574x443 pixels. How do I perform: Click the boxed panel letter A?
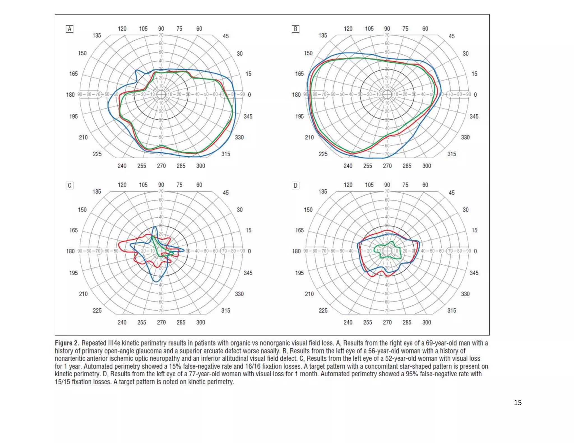click(x=70, y=29)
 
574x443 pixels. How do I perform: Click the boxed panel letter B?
click(x=295, y=29)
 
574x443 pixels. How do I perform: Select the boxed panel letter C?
click(x=70, y=185)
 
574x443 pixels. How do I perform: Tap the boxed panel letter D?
click(x=295, y=185)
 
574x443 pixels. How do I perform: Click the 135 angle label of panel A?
click(x=97, y=36)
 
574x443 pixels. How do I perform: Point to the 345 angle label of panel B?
click(x=474, y=116)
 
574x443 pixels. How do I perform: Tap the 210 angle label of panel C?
click(x=83, y=294)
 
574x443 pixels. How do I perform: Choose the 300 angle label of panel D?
click(x=427, y=322)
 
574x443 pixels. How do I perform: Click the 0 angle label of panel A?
click(x=249, y=95)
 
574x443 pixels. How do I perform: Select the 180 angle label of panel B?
click(x=297, y=95)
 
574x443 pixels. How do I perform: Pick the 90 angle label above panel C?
click(x=161, y=185)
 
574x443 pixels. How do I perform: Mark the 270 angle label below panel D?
click(x=387, y=322)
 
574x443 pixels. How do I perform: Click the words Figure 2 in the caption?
click(x=67, y=343)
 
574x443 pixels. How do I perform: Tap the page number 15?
click(x=518, y=402)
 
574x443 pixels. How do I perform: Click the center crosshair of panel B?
click(x=387, y=95)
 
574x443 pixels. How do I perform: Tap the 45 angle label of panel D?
click(x=452, y=193)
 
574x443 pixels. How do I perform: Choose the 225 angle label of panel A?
click(x=97, y=154)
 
